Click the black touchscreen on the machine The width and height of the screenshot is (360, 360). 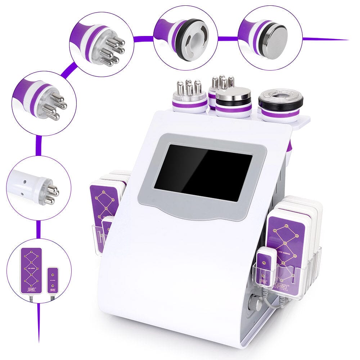coord(203,173)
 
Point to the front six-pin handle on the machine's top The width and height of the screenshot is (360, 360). coord(189,95)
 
